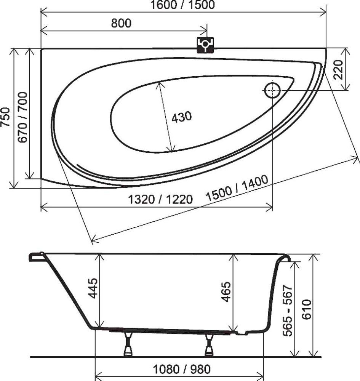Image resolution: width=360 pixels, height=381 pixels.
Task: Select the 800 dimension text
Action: tap(121, 23)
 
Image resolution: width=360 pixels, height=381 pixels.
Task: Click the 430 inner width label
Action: tap(181, 117)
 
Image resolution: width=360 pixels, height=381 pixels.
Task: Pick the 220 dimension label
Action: tap(339, 69)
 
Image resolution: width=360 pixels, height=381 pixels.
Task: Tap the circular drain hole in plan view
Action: tap(272, 90)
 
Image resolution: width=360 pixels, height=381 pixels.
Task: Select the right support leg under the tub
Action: tap(209, 345)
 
